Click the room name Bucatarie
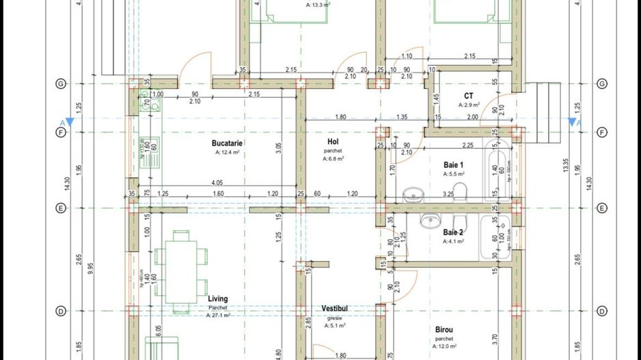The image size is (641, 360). [x=228, y=143]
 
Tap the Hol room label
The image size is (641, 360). [x=333, y=141]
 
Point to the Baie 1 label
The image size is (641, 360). [x=452, y=165]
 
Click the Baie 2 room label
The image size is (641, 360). [x=453, y=232]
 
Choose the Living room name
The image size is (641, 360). [x=218, y=299]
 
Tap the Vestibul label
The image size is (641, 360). [x=335, y=309]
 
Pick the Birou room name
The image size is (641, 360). [x=444, y=329]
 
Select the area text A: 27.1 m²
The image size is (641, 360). [x=219, y=315]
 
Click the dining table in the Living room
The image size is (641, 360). [x=181, y=271]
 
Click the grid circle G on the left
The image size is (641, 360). [x=61, y=83]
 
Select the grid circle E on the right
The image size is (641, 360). [x=602, y=208]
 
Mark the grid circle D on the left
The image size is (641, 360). [x=61, y=311]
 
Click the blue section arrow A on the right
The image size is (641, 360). [x=571, y=122]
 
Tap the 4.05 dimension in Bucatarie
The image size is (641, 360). [x=217, y=183]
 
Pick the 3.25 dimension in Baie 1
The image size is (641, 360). [x=449, y=195]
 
